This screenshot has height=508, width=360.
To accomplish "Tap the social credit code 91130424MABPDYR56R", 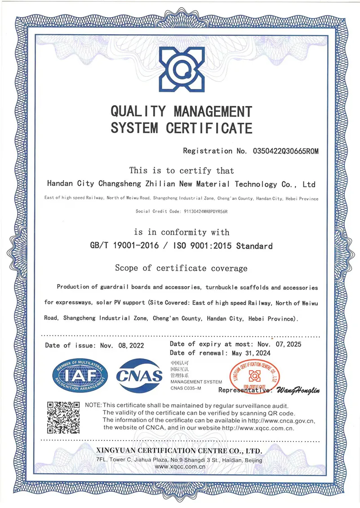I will point(198,211).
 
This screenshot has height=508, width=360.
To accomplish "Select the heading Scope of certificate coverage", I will point(181,268).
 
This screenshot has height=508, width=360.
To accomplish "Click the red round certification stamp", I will point(254,375).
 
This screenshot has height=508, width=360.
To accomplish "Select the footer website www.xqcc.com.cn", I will point(180,468).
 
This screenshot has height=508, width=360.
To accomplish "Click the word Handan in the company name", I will point(60,184).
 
